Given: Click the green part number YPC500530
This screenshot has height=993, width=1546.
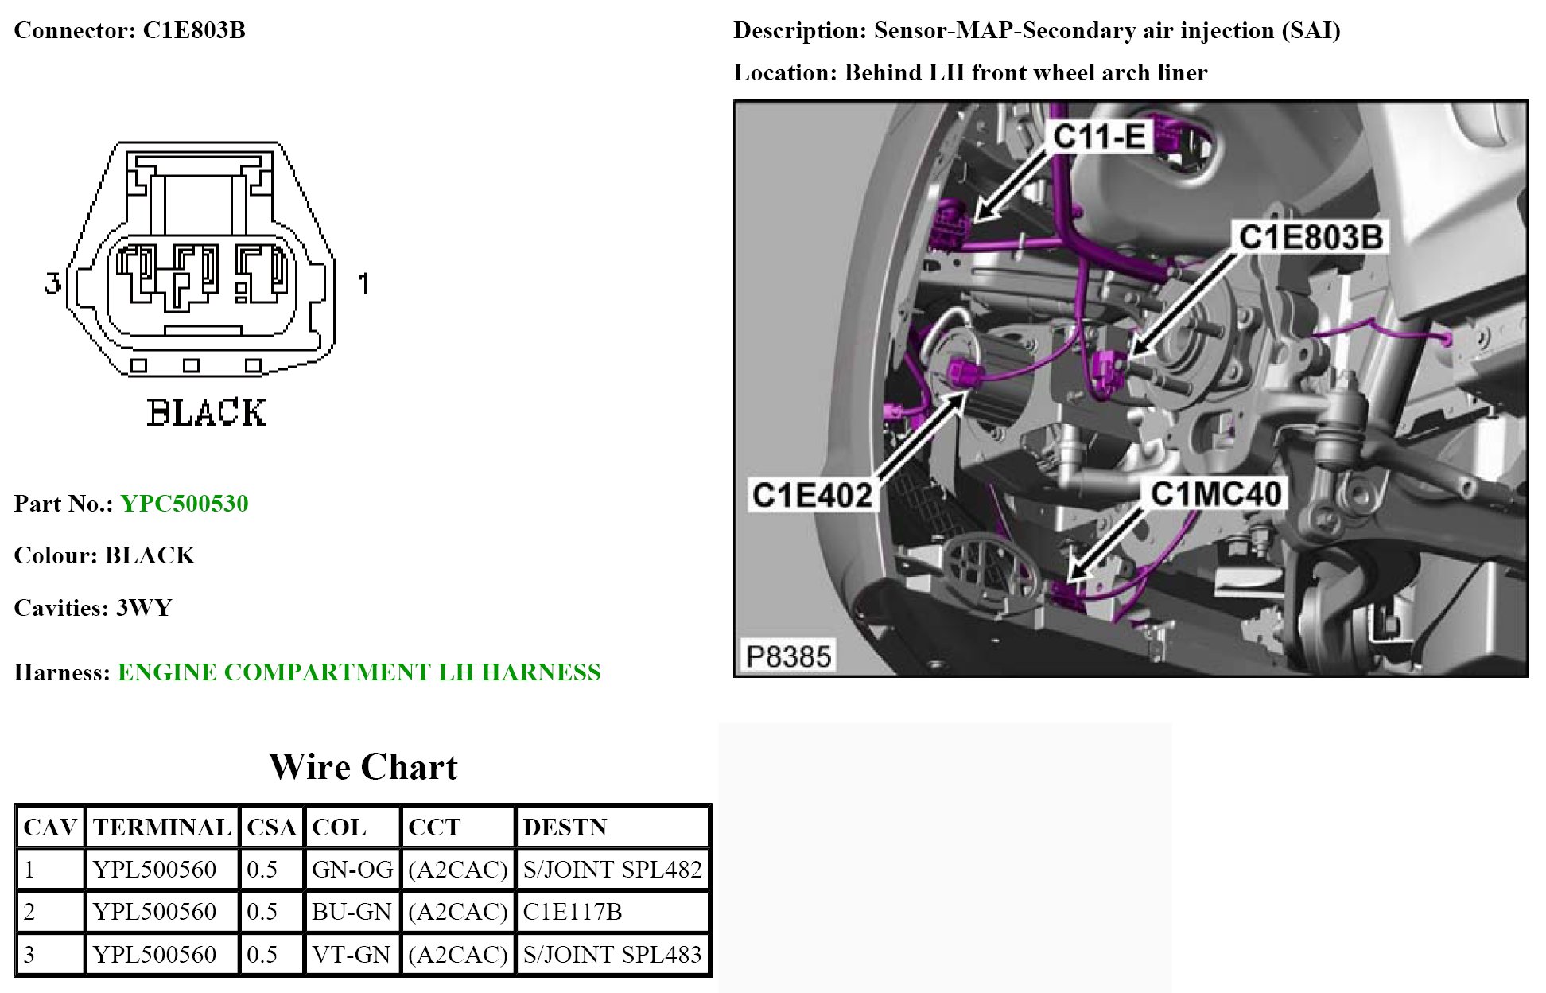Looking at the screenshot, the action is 184,504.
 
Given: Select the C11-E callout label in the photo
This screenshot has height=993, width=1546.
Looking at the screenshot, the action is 1100,137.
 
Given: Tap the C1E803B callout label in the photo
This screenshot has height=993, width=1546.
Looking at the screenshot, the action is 1311,237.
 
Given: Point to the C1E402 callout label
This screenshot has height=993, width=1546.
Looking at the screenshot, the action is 812,495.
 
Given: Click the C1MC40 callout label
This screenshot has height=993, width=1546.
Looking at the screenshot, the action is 1216,494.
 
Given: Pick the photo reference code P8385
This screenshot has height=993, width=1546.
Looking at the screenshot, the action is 788,656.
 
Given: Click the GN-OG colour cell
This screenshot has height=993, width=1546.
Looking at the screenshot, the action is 352,870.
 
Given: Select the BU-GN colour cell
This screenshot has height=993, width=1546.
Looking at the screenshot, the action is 352,912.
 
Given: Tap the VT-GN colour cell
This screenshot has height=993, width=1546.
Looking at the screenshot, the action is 352,954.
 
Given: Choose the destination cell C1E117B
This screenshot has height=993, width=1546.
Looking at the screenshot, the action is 573,912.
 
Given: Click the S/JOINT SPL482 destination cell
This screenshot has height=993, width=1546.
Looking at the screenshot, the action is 612,870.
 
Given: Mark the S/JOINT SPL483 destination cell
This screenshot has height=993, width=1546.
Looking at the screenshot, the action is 612,954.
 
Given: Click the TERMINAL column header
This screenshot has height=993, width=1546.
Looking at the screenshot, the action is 161,827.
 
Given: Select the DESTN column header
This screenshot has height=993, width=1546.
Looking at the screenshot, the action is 565,827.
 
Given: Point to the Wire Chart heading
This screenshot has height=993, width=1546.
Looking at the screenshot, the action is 363,767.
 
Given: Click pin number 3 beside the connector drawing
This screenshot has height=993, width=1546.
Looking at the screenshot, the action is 52,283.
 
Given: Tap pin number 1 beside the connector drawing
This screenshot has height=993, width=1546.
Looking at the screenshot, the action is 363,283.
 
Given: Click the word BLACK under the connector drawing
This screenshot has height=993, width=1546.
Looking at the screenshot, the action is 207,413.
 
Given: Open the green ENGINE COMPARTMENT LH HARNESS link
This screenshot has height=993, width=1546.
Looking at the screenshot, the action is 359,672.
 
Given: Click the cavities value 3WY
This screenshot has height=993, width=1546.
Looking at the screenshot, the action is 144,608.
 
